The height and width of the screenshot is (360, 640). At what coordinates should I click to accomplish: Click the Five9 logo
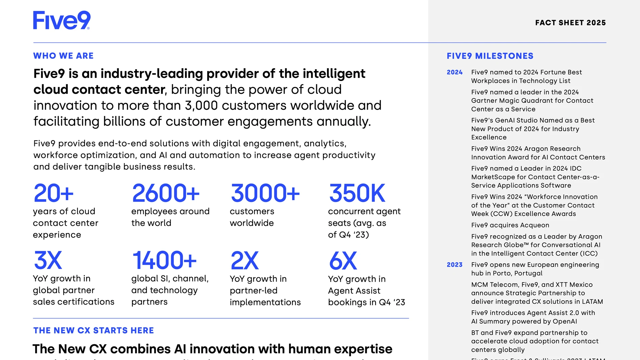click(x=62, y=20)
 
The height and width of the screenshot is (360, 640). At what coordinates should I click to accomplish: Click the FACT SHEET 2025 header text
click(x=570, y=23)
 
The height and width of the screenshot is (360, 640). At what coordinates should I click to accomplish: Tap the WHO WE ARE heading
click(x=63, y=56)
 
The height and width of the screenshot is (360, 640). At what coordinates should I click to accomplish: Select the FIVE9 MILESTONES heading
click(x=490, y=56)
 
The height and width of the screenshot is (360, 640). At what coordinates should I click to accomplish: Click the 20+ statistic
click(x=54, y=193)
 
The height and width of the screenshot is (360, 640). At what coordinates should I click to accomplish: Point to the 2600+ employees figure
click(x=166, y=193)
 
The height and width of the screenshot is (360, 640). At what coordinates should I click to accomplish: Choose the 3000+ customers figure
click(x=265, y=193)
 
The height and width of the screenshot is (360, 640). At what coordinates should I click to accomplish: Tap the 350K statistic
click(x=357, y=193)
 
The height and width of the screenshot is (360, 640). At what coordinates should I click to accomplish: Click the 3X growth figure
click(x=48, y=260)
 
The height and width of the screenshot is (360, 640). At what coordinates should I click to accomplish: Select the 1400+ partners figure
click(x=164, y=260)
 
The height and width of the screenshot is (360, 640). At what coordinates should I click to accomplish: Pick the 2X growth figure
click(x=245, y=261)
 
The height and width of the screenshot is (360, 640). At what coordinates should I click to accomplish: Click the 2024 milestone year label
click(x=454, y=72)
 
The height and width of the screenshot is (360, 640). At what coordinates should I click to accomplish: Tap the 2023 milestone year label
click(x=454, y=265)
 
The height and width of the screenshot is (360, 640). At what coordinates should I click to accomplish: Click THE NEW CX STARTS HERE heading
click(x=93, y=331)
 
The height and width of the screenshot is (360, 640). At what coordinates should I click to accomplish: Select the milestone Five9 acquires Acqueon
click(x=510, y=225)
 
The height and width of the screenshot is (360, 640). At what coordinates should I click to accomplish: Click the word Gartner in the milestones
click(x=483, y=101)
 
